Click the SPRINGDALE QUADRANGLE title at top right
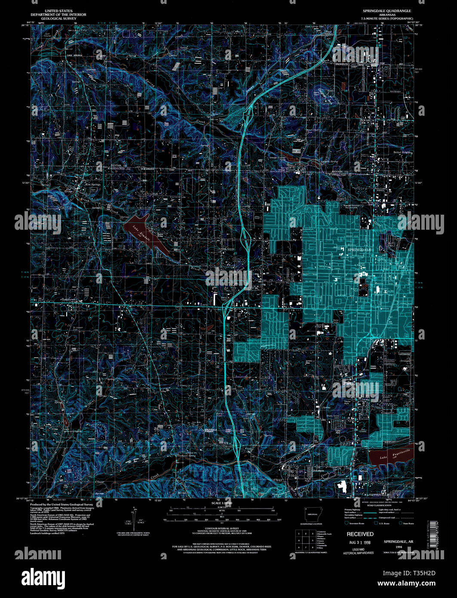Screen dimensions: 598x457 [386, 11]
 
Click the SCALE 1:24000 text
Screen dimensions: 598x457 [222, 503]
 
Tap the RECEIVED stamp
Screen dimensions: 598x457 [360, 534]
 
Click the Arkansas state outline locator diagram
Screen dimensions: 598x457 [311, 514]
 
